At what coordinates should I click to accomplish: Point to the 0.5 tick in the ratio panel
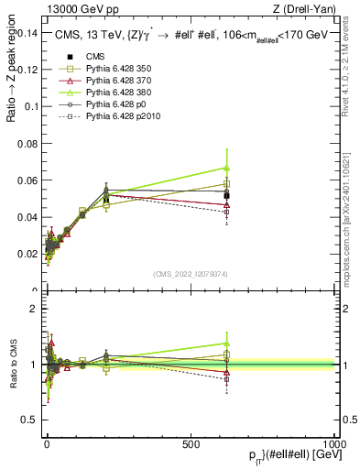click(33, 420)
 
